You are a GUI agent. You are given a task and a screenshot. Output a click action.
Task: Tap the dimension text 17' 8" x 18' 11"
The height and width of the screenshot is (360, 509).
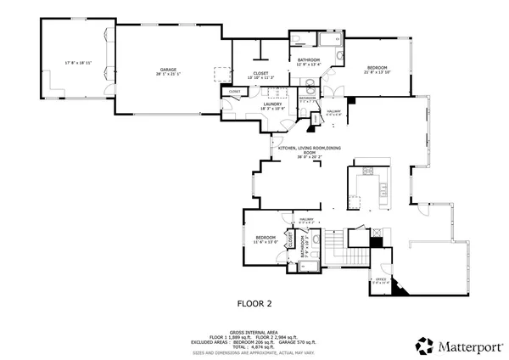pos(77,63)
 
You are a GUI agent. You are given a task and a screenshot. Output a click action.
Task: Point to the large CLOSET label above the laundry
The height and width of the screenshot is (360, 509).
pos(260,73)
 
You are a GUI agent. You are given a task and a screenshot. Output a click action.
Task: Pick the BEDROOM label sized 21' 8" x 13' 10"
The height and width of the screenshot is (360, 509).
pos(378,67)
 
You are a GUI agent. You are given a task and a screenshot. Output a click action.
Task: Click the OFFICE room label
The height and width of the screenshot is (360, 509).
pos(370,278)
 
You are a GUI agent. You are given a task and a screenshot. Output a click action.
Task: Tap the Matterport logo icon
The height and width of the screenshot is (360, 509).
pos(422,345)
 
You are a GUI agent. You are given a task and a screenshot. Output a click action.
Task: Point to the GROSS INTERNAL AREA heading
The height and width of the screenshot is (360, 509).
pos(254,332)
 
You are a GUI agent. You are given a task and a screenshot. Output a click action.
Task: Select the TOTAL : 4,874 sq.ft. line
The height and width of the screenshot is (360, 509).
pos(254,346)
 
